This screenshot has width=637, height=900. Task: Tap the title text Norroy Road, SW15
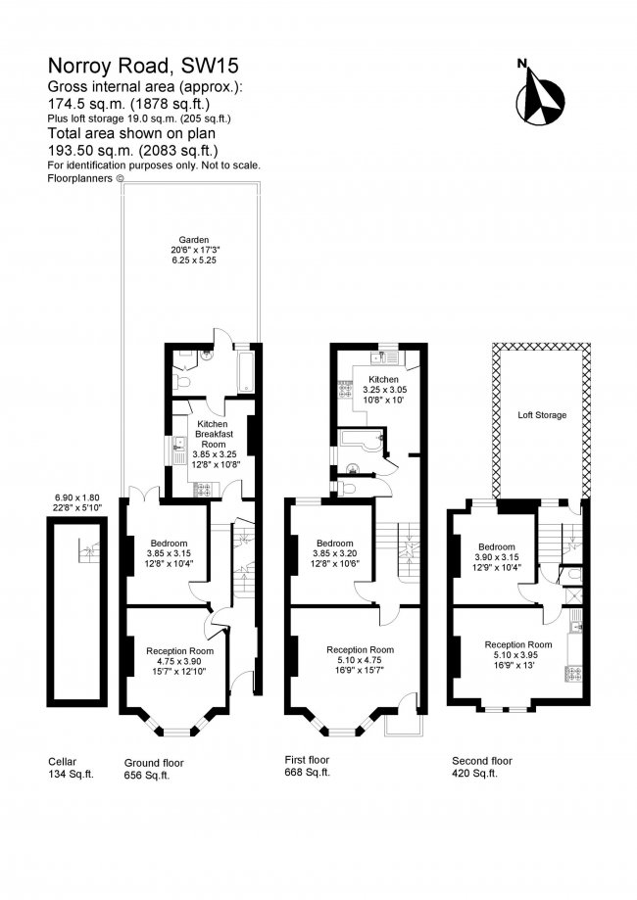pyautogui.click(x=143, y=68)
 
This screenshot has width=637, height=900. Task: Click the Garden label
pyautogui.click(x=193, y=240)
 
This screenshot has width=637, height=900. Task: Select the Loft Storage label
pyautogui.click(x=542, y=415)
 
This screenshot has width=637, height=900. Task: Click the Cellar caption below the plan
pyautogui.click(x=62, y=761)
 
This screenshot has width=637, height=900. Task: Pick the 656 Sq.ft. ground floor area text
pyautogui.click(x=147, y=775)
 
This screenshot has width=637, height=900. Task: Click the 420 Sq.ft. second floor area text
pyautogui.click(x=474, y=774)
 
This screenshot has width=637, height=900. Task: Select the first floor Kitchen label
pyautogui.click(x=383, y=379)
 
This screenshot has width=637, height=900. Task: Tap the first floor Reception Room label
pyautogui.click(x=360, y=649)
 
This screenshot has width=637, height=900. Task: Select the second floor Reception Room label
pyautogui.click(x=517, y=644)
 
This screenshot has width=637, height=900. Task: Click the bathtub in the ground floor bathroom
pyautogui.click(x=244, y=370)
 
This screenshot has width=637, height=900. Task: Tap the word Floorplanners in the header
pyautogui.click(x=80, y=178)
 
